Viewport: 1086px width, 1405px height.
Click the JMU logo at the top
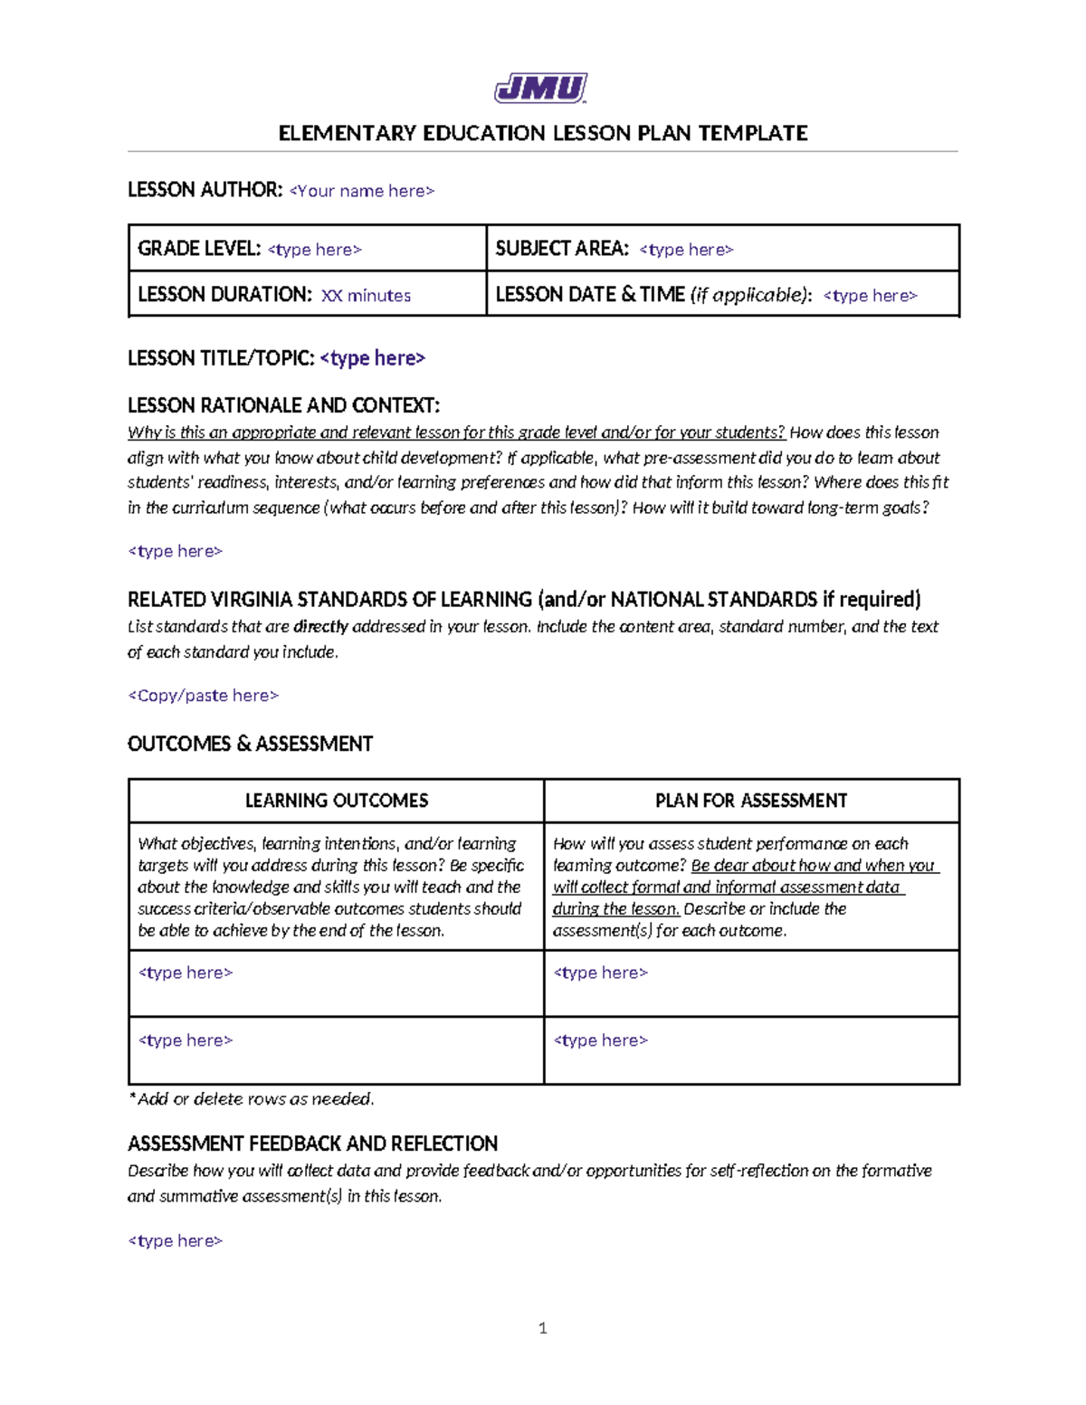click(541, 89)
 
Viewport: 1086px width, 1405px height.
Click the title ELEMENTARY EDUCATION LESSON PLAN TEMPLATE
click(543, 133)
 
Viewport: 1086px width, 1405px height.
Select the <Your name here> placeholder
click(362, 191)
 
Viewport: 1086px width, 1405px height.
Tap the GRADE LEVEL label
click(199, 249)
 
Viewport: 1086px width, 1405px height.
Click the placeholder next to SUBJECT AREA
click(686, 250)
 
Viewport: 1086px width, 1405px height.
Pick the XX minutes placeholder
click(366, 296)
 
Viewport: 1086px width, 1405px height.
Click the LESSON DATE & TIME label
click(590, 295)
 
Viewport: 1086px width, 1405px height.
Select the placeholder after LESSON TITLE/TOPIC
click(373, 358)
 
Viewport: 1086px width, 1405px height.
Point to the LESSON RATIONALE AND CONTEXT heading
click(283, 404)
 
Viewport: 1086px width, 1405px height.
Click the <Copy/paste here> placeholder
click(204, 696)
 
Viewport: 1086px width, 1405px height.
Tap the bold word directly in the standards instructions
click(320, 627)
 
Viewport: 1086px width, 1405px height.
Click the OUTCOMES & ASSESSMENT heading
click(250, 744)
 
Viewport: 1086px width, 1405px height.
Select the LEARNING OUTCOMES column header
click(337, 801)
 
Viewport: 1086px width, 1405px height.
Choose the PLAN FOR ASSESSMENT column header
click(751, 801)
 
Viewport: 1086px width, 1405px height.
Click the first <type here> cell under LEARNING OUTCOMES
click(186, 973)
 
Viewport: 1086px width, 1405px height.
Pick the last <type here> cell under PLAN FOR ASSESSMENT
click(601, 1040)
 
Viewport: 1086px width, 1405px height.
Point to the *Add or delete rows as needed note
click(251, 1099)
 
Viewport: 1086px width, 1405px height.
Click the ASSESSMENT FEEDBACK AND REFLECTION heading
click(312, 1144)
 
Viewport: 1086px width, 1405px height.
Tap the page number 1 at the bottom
click(543, 1328)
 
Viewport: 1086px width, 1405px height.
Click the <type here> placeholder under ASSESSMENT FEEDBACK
click(176, 1241)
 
